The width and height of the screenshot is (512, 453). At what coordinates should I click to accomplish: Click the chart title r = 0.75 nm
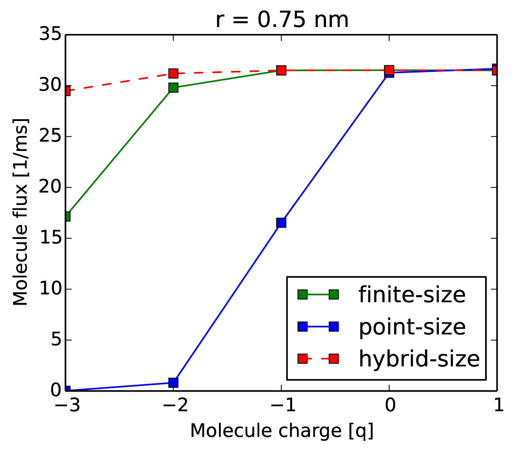pyautogui.click(x=282, y=19)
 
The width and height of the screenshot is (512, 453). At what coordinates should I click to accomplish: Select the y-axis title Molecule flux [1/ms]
pyautogui.click(x=20, y=212)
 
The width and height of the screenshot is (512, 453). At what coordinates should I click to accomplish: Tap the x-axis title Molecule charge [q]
pyautogui.click(x=282, y=430)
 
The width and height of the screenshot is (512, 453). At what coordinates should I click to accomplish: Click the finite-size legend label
pyautogui.click(x=412, y=295)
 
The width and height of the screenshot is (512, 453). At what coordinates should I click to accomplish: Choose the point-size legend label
pyautogui.click(x=412, y=326)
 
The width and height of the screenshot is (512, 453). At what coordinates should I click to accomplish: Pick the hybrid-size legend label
pyautogui.click(x=419, y=359)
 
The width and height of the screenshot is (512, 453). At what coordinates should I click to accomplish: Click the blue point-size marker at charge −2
pyautogui.click(x=173, y=383)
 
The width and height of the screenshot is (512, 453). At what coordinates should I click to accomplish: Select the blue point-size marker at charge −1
pyautogui.click(x=281, y=223)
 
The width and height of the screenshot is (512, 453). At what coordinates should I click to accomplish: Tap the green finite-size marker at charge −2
pyautogui.click(x=173, y=87)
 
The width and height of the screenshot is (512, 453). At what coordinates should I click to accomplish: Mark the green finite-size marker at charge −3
pyautogui.click(x=67, y=216)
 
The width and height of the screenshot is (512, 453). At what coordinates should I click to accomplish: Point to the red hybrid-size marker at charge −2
pyautogui.click(x=173, y=73)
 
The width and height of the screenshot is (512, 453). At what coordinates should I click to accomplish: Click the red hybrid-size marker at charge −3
pyautogui.click(x=67, y=91)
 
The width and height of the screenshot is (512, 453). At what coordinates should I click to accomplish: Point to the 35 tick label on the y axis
pyautogui.click(x=49, y=35)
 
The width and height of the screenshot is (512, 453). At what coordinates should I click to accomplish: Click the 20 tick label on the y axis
pyautogui.click(x=49, y=188)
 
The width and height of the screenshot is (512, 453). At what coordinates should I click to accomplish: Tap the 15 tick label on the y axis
pyautogui.click(x=49, y=238)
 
